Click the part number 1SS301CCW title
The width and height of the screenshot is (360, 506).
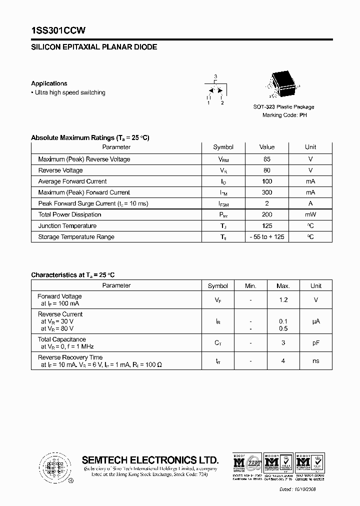tap(58, 30)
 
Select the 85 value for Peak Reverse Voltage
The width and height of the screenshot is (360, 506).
tap(267, 159)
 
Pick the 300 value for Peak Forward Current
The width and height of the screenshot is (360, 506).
tap(267, 192)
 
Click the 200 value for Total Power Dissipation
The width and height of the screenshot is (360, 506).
tap(267, 214)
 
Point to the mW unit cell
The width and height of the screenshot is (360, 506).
tap(310, 214)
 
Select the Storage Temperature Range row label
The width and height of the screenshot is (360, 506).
tap(76, 237)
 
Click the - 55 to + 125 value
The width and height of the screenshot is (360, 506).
tap(267, 237)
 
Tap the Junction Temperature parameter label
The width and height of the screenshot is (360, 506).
tap(67, 226)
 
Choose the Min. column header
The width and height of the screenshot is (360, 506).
tap(250, 286)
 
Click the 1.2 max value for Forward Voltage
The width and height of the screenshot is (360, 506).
tap(283, 300)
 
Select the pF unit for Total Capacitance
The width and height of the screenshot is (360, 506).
tap(316, 343)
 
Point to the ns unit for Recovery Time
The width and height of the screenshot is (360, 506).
tap(316, 361)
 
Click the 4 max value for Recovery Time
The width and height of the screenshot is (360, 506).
tap(283, 361)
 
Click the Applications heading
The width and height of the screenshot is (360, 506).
tap(49, 83)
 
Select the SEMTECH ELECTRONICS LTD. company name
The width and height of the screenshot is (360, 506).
tap(150, 460)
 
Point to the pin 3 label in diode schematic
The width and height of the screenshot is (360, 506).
tap(215, 76)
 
